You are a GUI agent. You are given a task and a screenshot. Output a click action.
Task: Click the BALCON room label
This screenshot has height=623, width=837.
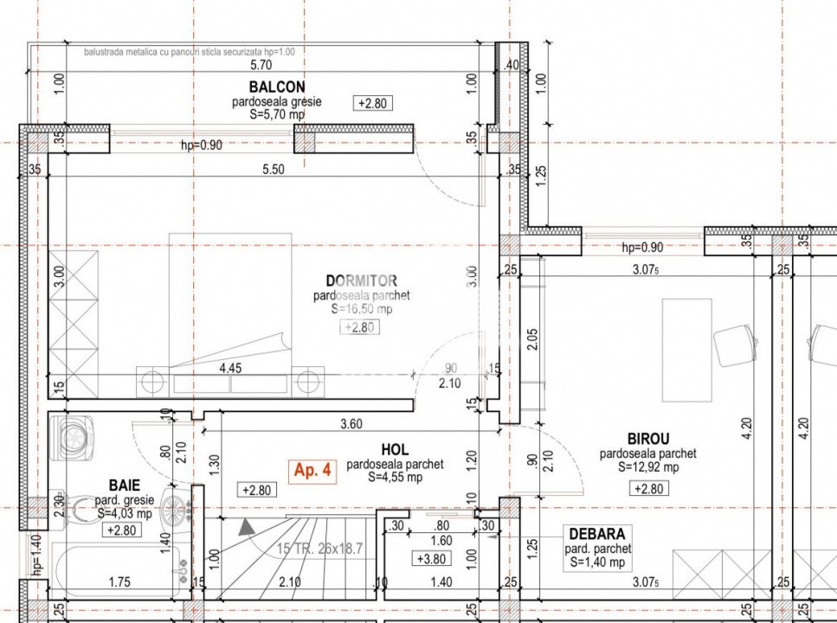pyautogui.click(x=276, y=87)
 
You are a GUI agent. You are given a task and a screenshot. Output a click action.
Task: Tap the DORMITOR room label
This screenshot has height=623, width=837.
pyautogui.click(x=361, y=280)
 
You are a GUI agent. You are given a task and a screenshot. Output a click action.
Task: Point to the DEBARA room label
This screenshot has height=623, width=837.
pyautogui.click(x=597, y=534)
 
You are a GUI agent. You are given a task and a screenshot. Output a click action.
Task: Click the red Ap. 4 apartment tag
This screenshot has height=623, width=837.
pyautogui.click(x=312, y=471)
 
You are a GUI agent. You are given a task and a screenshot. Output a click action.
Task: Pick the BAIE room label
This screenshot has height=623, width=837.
pyautogui.click(x=124, y=485)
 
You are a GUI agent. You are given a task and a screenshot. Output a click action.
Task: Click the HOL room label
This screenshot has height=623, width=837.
pyautogui.click(x=394, y=450)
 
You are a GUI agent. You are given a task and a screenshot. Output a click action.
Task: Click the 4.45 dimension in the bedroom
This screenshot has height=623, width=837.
pyautogui.click(x=230, y=368)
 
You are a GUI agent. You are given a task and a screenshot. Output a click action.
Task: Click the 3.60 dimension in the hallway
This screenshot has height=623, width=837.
pyautogui.click(x=350, y=424)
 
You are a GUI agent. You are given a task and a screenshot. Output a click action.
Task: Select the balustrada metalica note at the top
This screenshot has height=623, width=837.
pyautogui.click(x=190, y=52)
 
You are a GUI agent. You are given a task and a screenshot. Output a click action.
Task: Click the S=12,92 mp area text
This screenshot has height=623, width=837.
pyautogui.click(x=647, y=467)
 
